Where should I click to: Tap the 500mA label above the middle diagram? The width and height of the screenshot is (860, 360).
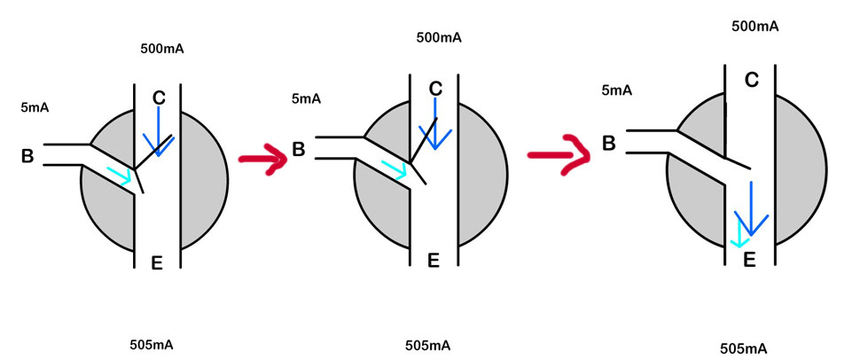[x=439, y=38]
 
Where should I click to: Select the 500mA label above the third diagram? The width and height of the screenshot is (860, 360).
[x=755, y=26]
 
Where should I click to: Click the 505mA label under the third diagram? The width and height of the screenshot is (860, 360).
[x=743, y=347]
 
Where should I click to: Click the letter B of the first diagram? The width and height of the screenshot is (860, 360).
[x=27, y=157]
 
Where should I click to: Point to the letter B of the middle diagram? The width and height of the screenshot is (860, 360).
[x=299, y=149]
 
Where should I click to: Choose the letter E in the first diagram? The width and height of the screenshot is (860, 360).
[x=157, y=262]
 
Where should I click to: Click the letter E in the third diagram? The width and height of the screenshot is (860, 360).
[x=749, y=259]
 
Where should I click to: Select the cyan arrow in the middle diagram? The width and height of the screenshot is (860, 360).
[x=395, y=168]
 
